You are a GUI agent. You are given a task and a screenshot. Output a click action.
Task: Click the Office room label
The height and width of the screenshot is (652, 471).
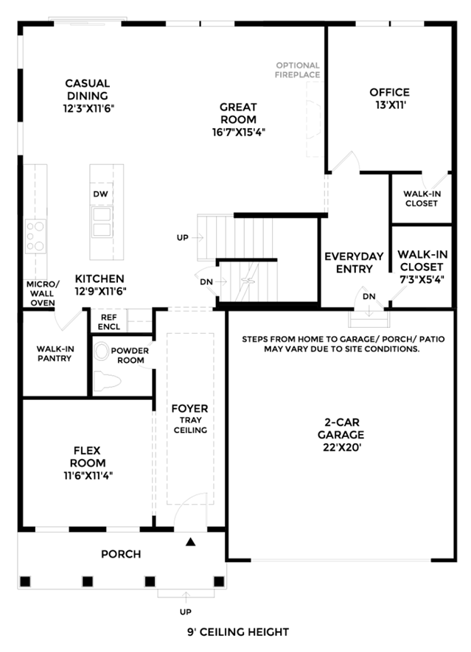pyautogui.click(x=389, y=92)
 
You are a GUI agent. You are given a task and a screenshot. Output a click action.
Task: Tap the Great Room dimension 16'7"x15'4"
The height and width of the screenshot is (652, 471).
pyautogui.click(x=238, y=132)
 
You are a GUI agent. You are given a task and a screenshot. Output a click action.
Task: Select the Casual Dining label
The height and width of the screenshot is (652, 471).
pyautogui.click(x=88, y=89)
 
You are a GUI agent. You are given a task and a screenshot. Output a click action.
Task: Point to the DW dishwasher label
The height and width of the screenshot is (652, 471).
pyautogui.click(x=100, y=194)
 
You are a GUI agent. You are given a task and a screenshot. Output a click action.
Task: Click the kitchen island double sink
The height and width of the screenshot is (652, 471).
pyautogui.click(x=102, y=222)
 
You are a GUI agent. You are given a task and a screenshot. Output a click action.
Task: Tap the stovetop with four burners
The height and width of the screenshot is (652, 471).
pyautogui.click(x=35, y=236)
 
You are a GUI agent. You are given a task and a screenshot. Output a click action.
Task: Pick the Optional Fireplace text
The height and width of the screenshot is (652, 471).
pyautogui.click(x=298, y=70)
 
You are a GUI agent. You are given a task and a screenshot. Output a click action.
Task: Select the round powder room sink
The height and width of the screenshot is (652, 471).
pyautogui.click(x=101, y=351)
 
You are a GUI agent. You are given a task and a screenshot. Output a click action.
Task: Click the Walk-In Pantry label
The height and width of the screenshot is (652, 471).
pyautogui.click(x=55, y=354)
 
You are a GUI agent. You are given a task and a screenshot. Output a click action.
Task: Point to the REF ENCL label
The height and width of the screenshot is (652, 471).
pyautogui.click(x=109, y=322)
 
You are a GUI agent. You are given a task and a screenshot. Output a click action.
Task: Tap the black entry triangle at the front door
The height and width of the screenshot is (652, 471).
pyautogui.click(x=191, y=541)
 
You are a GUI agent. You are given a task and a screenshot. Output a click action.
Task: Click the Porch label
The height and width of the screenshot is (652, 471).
pyautogui.click(x=121, y=554)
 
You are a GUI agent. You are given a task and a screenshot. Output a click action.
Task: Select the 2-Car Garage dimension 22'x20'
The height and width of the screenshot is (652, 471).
pyautogui.click(x=341, y=447)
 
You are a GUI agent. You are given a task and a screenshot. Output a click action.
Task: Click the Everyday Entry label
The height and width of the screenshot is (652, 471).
pyautogui.click(x=354, y=262)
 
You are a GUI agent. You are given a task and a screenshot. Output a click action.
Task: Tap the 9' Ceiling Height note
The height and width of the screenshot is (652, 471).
pyautogui.click(x=238, y=632)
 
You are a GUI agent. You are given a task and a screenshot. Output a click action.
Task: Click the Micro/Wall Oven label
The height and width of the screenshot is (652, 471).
pyautogui.click(x=43, y=293)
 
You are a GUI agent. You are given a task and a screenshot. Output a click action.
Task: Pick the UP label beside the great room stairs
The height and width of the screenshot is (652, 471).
pyautogui.click(x=183, y=237)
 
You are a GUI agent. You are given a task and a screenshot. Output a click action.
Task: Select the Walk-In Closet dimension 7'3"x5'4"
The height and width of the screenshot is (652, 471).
pyautogui.click(x=422, y=279)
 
